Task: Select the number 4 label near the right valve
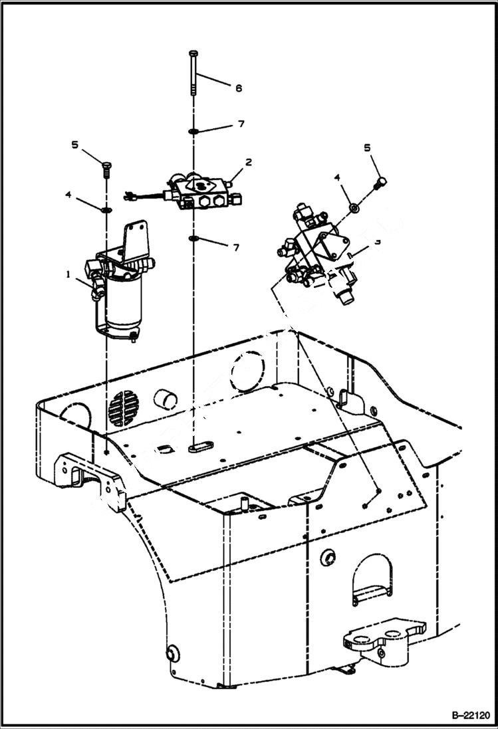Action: (x=337, y=177)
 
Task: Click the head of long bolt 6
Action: (x=193, y=52)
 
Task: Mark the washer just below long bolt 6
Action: (x=193, y=131)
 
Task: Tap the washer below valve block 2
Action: (x=193, y=239)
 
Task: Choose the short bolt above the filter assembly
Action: (x=106, y=169)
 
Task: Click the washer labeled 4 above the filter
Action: (x=106, y=210)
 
